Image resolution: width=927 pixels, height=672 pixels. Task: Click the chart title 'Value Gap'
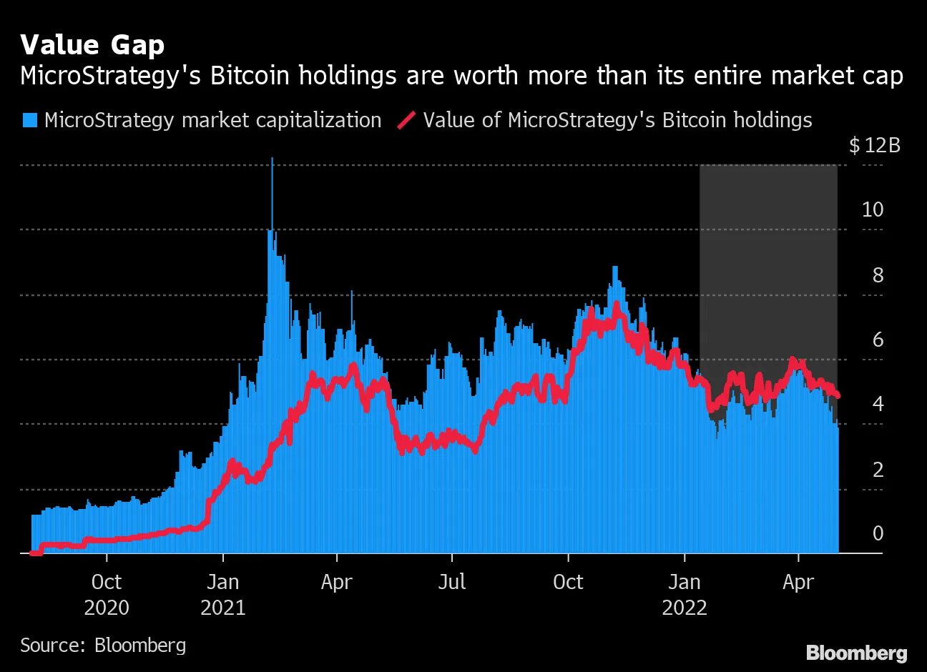(x=92, y=45)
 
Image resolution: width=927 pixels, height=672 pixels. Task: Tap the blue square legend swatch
(x=29, y=120)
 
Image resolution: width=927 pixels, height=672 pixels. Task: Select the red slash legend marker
(x=406, y=120)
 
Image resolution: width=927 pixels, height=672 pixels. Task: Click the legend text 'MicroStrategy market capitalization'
(x=212, y=120)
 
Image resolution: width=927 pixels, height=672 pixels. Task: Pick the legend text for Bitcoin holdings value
(x=617, y=120)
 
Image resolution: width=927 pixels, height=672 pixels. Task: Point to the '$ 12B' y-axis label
(x=874, y=146)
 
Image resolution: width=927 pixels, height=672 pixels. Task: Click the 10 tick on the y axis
(x=873, y=209)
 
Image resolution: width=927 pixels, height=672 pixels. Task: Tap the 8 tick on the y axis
(x=878, y=275)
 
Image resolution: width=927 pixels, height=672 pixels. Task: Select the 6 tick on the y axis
(x=878, y=340)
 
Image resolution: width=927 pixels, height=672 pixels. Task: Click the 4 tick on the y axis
(x=878, y=404)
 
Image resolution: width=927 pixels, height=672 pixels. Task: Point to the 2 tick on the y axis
(x=878, y=469)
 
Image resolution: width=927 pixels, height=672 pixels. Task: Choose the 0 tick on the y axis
(x=878, y=533)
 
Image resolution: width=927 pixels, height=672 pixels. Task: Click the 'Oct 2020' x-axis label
(x=107, y=595)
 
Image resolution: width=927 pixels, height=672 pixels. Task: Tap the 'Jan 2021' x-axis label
(x=223, y=595)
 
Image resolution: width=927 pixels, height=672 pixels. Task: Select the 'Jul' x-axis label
(x=452, y=582)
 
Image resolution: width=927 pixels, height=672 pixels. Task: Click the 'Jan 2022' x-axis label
(x=685, y=595)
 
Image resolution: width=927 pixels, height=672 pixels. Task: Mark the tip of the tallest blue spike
(x=272, y=159)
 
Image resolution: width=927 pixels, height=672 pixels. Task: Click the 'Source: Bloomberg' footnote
(x=103, y=646)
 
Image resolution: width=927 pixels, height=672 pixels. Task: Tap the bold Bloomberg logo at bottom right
(x=856, y=653)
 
